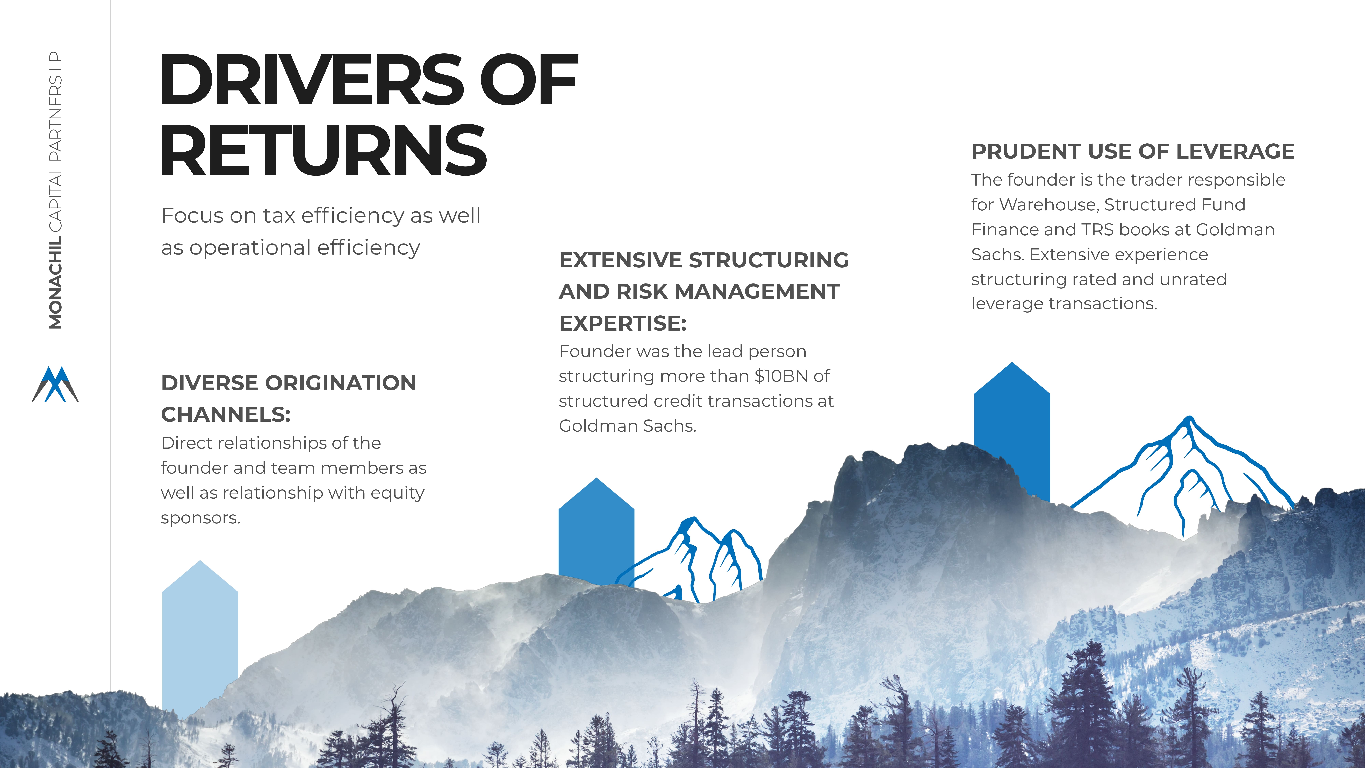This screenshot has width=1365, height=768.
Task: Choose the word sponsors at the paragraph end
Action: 200,518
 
